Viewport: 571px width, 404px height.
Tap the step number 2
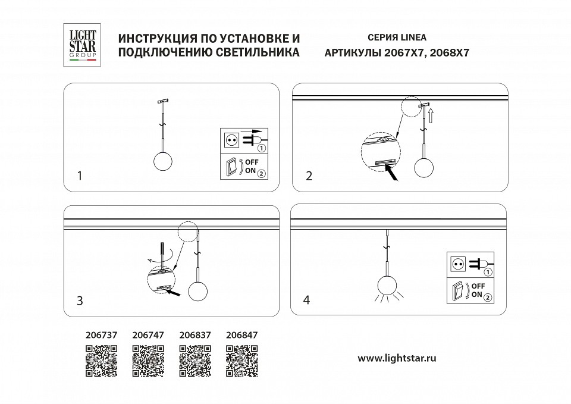pyautogui.click(x=309, y=176)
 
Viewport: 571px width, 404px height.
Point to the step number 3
pyautogui.click(x=80, y=300)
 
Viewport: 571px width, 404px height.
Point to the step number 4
pyautogui.click(x=306, y=300)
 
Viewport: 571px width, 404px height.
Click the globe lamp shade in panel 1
pyautogui.click(x=162, y=162)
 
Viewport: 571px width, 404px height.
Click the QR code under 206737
pyautogui.click(x=101, y=361)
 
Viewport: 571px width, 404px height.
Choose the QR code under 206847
pyautogui.click(x=241, y=361)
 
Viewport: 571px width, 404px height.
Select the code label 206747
pyautogui.click(x=148, y=336)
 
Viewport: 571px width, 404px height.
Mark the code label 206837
pyautogui.click(x=194, y=336)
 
